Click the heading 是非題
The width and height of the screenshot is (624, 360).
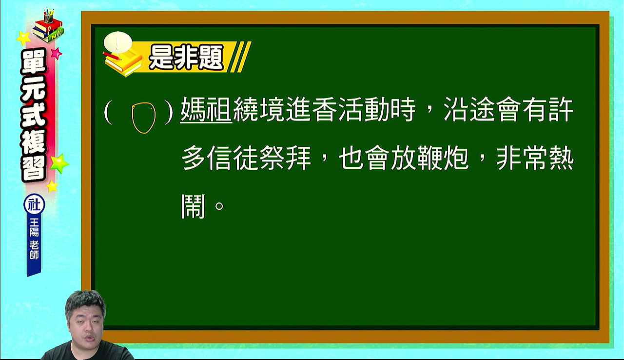click(x=186, y=58)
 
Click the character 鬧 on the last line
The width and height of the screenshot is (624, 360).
click(x=194, y=206)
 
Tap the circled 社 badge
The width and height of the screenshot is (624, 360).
click(x=34, y=204)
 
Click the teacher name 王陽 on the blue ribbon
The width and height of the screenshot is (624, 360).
click(x=34, y=227)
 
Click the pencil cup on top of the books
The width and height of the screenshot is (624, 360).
click(x=48, y=16)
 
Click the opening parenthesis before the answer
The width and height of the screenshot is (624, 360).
click(x=108, y=113)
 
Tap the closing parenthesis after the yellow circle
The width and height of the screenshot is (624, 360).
click(x=169, y=113)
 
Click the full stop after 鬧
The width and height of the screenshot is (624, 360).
click(x=219, y=206)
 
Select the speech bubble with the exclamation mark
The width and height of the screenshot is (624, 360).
click(x=118, y=43)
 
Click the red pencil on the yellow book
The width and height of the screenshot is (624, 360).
click(x=112, y=56)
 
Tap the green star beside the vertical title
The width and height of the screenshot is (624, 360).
click(x=59, y=163)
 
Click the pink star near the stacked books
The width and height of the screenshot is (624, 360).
click(x=57, y=53)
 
